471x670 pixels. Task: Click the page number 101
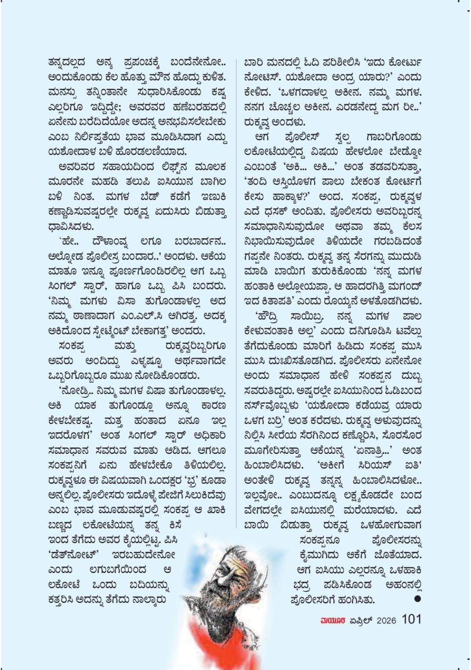tap(411, 619)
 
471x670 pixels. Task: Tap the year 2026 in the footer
tap(386, 620)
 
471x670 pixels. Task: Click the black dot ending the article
tap(417, 599)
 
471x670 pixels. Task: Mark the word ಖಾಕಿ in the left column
tap(215, 511)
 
